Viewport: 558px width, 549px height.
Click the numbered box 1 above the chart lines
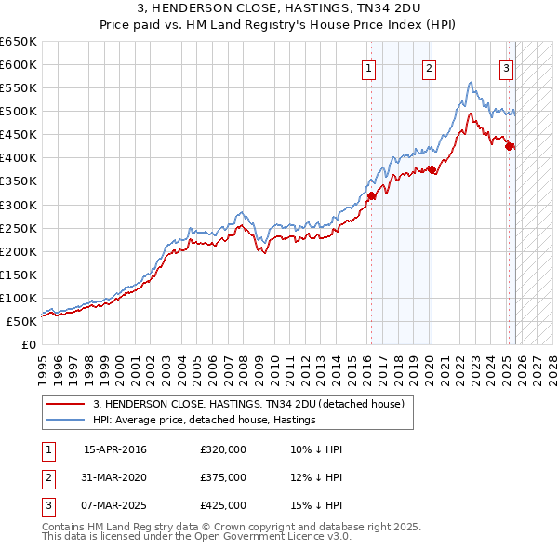click(x=369, y=67)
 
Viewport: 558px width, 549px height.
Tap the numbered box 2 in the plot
click(x=429, y=67)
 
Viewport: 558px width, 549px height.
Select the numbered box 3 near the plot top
click(x=507, y=67)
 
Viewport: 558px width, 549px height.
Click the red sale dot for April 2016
click(x=371, y=195)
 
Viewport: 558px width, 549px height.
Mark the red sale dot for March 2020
click(x=432, y=169)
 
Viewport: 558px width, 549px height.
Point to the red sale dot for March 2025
click(x=509, y=146)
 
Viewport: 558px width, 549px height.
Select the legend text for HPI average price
click(x=205, y=420)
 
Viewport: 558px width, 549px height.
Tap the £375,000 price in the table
click(x=223, y=477)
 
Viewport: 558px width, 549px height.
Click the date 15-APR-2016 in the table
click(x=115, y=449)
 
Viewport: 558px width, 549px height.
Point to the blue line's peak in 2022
click(x=472, y=83)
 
